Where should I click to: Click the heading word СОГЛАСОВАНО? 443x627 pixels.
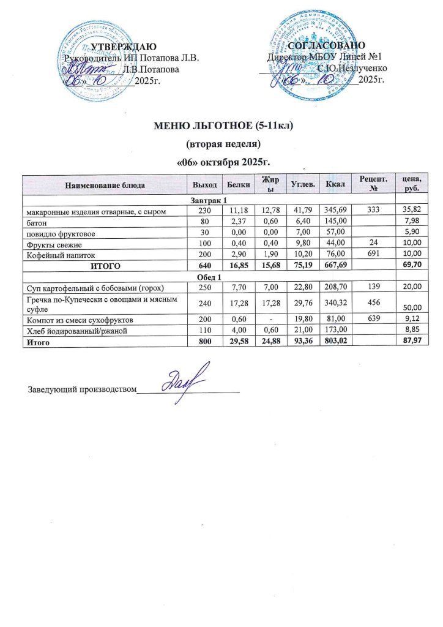coord(327,46)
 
